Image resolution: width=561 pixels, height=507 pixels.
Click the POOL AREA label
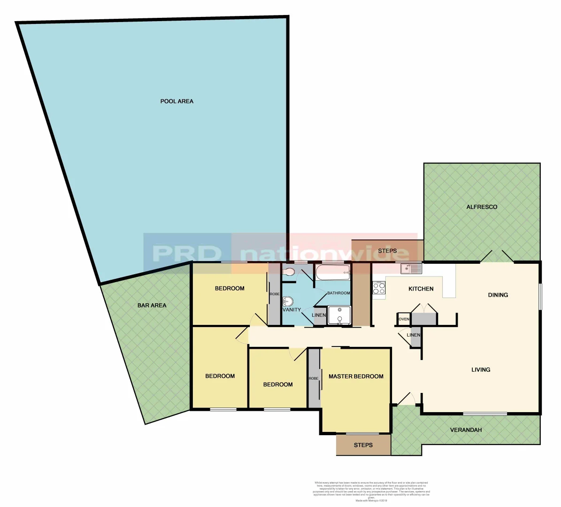pyautogui.click(x=177, y=101)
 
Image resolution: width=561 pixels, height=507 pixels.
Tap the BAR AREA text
pyautogui.click(x=152, y=306)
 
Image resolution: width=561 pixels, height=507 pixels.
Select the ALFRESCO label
pyautogui.click(x=482, y=207)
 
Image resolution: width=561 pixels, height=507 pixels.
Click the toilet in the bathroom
pyautogui.click(x=288, y=272)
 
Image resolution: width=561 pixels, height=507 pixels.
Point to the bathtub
pyautogui.click(x=333, y=272)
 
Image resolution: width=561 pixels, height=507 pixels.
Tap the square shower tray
pyautogui.click(x=339, y=315)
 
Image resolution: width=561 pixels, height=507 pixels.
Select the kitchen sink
pyautogui.click(x=411, y=269)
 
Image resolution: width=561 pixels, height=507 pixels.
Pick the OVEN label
pyautogui.click(x=404, y=319)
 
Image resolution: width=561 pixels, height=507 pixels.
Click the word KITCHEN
pyautogui.click(x=421, y=289)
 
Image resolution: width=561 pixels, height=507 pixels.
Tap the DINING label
pyautogui.click(x=498, y=295)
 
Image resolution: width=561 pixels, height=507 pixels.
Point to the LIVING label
pyautogui.click(x=481, y=370)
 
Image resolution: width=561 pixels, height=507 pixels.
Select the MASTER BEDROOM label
pyautogui.click(x=356, y=376)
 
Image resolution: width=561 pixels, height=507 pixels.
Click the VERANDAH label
pyautogui.click(x=466, y=430)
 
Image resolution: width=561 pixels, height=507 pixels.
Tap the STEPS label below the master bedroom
pyautogui.click(x=363, y=445)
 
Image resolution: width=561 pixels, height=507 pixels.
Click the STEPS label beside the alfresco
pyautogui.click(x=387, y=251)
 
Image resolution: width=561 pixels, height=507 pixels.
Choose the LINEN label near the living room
pyautogui.click(x=414, y=335)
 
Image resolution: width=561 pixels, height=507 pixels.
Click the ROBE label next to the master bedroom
pyautogui.click(x=314, y=378)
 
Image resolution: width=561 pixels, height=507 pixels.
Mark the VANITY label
pyautogui.click(x=292, y=310)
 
